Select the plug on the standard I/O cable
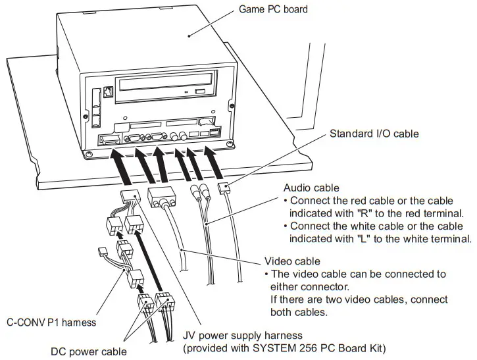click(x=225, y=189)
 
